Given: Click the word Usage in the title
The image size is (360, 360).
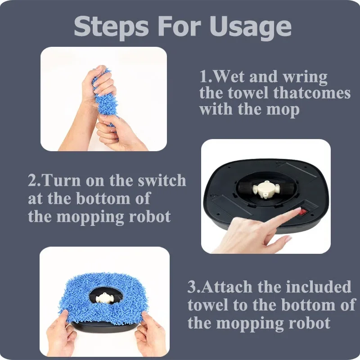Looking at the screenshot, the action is click(x=250, y=27).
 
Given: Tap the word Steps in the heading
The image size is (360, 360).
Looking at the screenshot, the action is click(x=111, y=27).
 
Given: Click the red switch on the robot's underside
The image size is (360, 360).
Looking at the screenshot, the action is click(x=303, y=212).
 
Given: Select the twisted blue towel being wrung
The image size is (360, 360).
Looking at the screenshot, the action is click(x=105, y=98).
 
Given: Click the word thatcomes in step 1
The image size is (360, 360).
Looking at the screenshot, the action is click(x=312, y=93).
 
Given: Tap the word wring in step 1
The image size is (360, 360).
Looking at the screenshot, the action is click(x=305, y=77).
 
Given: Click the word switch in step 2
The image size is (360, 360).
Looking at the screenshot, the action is click(x=162, y=180).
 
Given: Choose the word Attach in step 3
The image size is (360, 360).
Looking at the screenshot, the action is click(x=227, y=287).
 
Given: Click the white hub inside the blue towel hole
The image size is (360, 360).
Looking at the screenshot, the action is click(x=104, y=297).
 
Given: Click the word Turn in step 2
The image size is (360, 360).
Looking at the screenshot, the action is click(x=61, y=180).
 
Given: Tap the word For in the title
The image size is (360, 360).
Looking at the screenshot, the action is click(x=179, y=27).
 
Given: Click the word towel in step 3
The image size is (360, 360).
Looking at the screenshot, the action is click(x=208, y=305).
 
